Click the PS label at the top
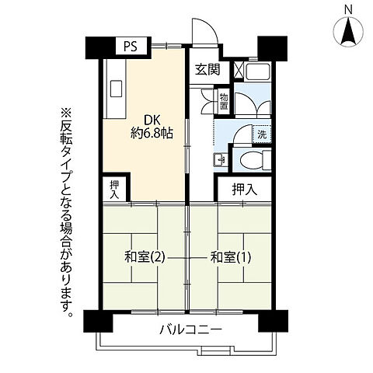[130, 47]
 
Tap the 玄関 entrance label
[207, 68]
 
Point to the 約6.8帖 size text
[152, 133]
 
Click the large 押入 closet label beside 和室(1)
[244, 187]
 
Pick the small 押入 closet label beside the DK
[115, 189]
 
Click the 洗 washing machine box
[263, 133]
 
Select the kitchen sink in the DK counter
[117, 89]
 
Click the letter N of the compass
[347, 11]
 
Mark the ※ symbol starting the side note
[65, 113]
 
